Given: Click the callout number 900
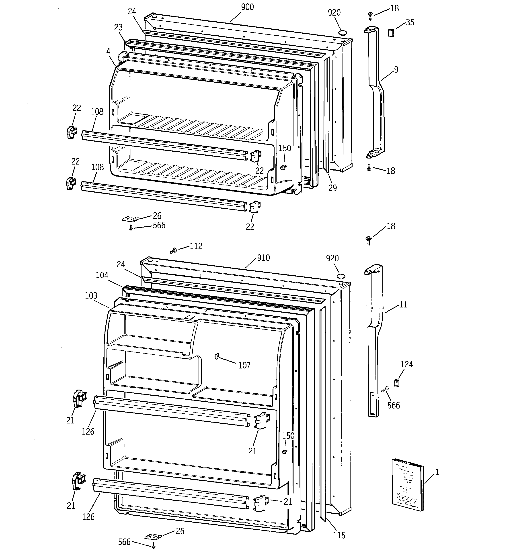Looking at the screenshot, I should pos(247,7).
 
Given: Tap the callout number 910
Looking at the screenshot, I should pos(263,258).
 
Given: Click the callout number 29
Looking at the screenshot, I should pos(332,188).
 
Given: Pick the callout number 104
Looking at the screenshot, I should pos(102,275).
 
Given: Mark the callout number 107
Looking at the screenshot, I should pos(244,365).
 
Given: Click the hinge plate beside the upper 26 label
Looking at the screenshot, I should pos(130,219).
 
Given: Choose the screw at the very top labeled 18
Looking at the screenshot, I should pos(370,15).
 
